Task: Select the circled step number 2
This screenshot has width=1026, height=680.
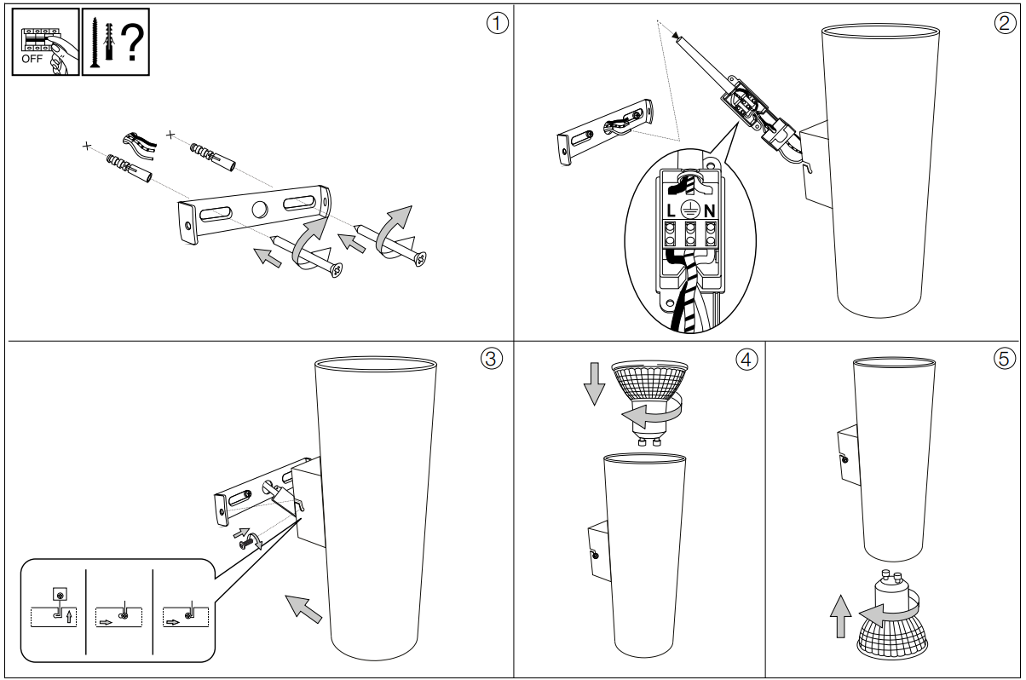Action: pos(1005,23)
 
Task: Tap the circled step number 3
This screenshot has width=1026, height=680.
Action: pos(490,359)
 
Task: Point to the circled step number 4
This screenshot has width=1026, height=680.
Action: pos(746,359)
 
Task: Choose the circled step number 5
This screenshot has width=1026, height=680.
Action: pos(1005,359)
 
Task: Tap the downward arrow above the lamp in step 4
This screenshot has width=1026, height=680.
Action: pos(593,386)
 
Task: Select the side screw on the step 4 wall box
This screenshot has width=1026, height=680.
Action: pos(594,556)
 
